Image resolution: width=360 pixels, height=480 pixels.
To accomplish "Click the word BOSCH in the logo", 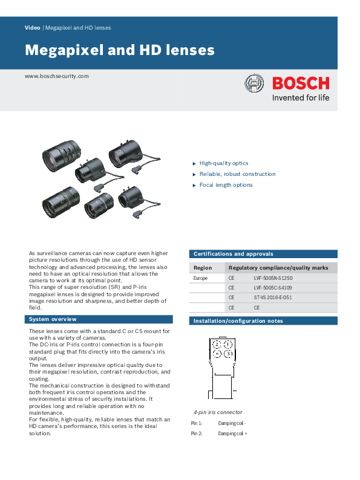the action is [x=301, y=83].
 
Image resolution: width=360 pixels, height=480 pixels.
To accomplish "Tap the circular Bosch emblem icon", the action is [x=254, y=84].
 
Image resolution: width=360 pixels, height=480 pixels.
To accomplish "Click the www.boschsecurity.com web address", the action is [x=57, y=76].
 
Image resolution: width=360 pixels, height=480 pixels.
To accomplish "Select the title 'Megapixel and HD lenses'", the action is [x=119, y=50].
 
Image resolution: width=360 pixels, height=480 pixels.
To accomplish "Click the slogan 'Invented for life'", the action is [x=301, y=98].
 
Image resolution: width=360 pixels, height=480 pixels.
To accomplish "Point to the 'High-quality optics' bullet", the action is [x=223, y=163].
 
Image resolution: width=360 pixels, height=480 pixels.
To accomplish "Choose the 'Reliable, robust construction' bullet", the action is [x=237, y=174].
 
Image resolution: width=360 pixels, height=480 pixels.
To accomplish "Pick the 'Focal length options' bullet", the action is [x=226, y=185].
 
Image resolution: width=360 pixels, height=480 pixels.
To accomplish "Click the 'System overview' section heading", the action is [x=53, y=319].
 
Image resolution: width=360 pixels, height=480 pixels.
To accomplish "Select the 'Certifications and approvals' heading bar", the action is [x=233, y=254].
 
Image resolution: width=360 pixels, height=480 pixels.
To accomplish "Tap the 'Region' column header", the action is [x=203, y=267].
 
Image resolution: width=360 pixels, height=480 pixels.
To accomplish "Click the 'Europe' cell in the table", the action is [x=201, y=278].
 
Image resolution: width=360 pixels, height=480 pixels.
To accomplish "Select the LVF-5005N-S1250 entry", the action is [x=273, y=278].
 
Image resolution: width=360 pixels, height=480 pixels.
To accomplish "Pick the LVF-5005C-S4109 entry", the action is [x=273, y=288].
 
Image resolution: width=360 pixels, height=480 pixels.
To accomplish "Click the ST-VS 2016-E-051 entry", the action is [x=273, y=297].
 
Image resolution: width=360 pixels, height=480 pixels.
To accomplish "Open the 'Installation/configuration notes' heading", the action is [x=237, y=321].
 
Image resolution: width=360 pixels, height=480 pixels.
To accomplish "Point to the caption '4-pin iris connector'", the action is [x=218, y=411].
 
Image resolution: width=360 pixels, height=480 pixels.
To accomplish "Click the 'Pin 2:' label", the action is [x=197, y=433].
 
